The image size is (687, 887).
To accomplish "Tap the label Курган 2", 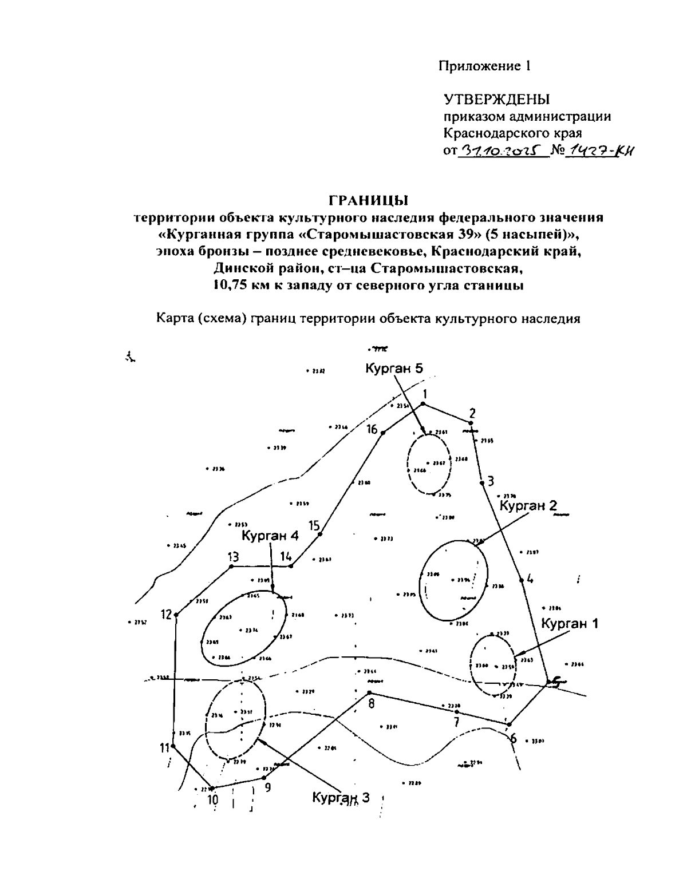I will coord(528,505).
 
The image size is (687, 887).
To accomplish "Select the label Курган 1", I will coord(570,624).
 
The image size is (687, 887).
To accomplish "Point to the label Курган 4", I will coord(270,536).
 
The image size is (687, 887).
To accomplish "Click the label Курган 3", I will coord(341,798).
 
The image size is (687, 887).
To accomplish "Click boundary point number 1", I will coord(423,404).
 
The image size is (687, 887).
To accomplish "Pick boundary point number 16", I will coord(383,432).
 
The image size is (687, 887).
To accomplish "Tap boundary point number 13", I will coord(231,567).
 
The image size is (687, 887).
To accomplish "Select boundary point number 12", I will coord(176,615).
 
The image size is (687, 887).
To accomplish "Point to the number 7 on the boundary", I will coord(456,722).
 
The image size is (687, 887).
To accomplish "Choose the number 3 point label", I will coord(491,481).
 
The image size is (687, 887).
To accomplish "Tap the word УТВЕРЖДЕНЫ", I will coord(496,100).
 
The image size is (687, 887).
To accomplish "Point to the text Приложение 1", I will coord(485,66).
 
